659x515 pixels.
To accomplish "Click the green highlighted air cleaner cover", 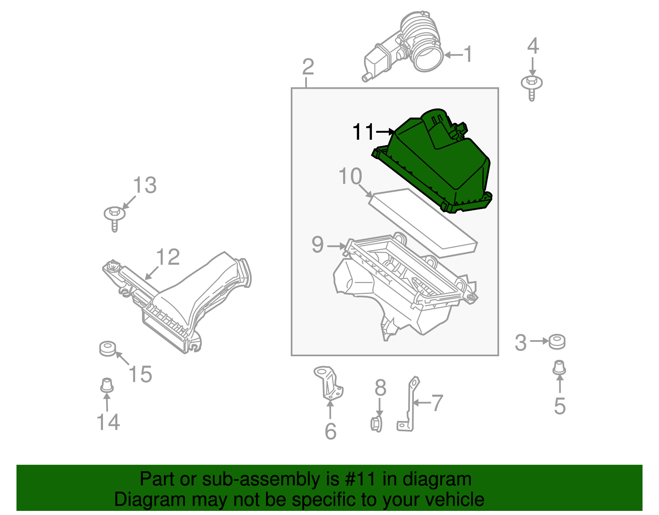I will (x=437, y=165).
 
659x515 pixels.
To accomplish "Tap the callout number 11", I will (x=363, y=132).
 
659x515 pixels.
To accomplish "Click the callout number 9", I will (x=318, y=245).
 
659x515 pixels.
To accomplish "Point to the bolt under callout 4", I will (x=532, y=87).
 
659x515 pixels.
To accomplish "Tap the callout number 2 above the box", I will (x=308, y=67).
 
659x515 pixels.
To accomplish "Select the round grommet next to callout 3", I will (x=557, y=341).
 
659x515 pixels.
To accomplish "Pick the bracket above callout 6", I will (x=329, y=383).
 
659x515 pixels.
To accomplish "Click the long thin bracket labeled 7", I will (x=410, y=404).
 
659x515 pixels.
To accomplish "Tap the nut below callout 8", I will (x=376, y=424).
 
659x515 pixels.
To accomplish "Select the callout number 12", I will (x=168, y=257).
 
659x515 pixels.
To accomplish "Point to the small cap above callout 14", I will (x=107, y=385).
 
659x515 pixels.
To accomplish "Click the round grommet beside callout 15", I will (x=107, y=348).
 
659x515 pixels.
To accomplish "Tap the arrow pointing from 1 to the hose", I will (x=453, y=55).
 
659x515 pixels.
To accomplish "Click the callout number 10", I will (x=350, y=176).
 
